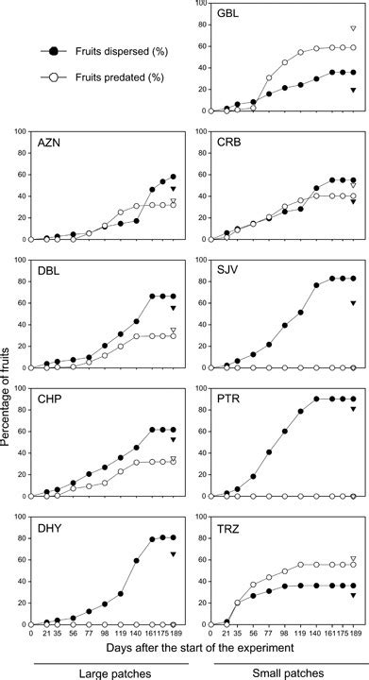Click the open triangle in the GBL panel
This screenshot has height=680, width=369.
click(x=353, y=29)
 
